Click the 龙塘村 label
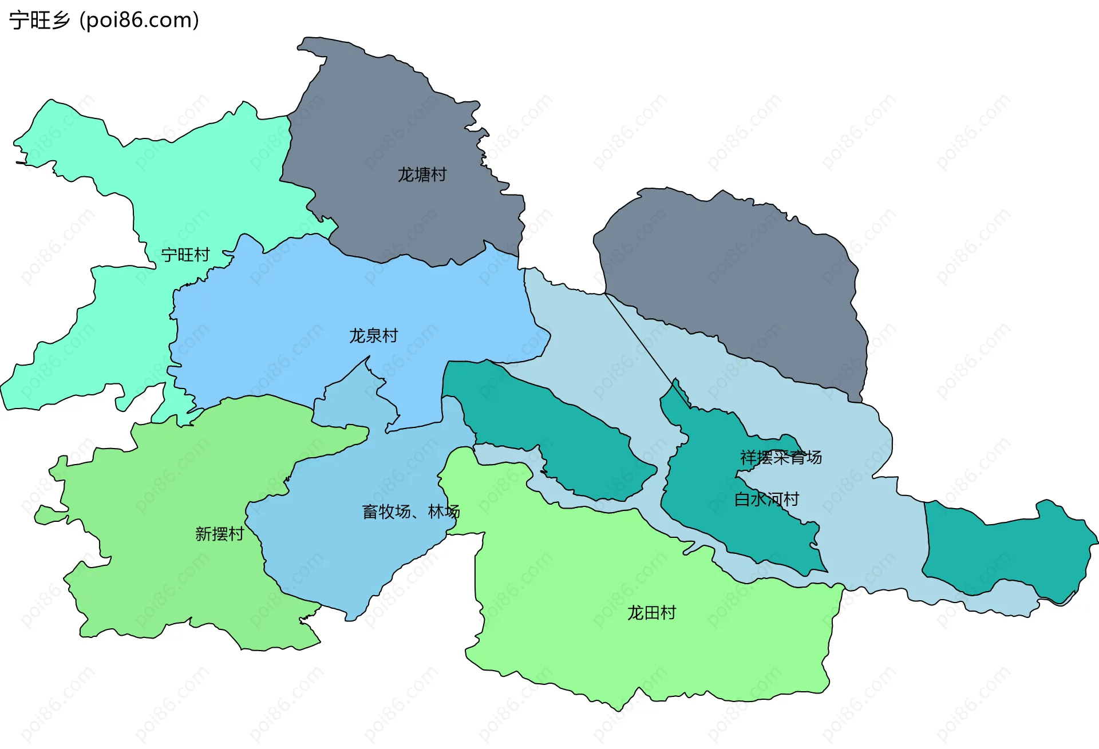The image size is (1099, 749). pyautogui.click(x=422, y=175)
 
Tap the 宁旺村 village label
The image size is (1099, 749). pyautogui.click(x=185, y=255)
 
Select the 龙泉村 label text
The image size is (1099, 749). pyautogui.click(x=373, y=336)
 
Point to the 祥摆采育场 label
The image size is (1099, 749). pyautogui.click(x=781, y=458)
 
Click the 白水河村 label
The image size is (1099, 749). pyautogui.click(x=766, y=500)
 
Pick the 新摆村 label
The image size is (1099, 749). pyautogui.click(x=219, y=534)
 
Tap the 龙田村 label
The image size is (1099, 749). pyautogui.click(x=651, y=613)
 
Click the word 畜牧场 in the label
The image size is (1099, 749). pyautogui.click(x=386, y=512)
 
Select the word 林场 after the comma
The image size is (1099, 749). pyautogui.click(x=444, y=512)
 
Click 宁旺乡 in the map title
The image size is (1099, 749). pyautogui.click(x=39, y=21)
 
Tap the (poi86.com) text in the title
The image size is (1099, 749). pyautogui.click(x=139, y=21)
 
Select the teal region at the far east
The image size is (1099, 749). pyautogui.click(x=1007, y=549)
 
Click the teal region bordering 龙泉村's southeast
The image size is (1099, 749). pyautogui.click(x=549, y=429)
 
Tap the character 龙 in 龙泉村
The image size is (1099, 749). pyautogui.click(x=357, y=336)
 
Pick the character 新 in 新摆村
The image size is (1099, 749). pyautogui.click(x=203, y=534)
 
